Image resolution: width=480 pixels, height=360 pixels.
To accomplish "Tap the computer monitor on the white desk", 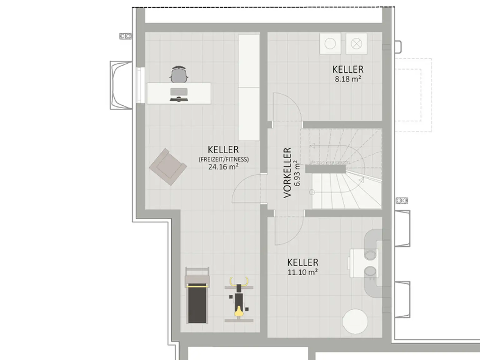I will (x=179, y=92).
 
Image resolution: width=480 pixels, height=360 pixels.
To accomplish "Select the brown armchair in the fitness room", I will (x=168, y=167).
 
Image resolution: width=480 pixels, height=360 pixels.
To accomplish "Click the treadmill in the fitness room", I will (x=197, y=295).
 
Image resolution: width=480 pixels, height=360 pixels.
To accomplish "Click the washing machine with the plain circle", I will (x=330, y=44).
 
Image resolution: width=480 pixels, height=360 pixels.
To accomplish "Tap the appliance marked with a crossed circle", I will (x=356, y=44).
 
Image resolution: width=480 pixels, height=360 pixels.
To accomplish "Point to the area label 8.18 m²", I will (x=348, y=79).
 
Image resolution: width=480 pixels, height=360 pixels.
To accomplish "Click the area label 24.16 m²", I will (x=223, y=167).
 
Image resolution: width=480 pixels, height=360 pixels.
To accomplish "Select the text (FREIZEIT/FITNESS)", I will (x=224, y=159).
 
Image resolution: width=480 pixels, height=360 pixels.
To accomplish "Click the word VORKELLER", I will (x=287, y=172).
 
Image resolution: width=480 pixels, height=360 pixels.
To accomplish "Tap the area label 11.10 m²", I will (x=302, y=272).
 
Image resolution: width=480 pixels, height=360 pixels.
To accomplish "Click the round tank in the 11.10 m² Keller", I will (x=355, y=321).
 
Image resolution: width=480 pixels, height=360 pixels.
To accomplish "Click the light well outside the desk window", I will (x=121, y=85).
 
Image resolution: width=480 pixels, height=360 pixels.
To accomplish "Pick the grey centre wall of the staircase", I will (x=325, y=169).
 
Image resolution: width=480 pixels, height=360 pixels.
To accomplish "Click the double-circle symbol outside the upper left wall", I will (x=125, y=37).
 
